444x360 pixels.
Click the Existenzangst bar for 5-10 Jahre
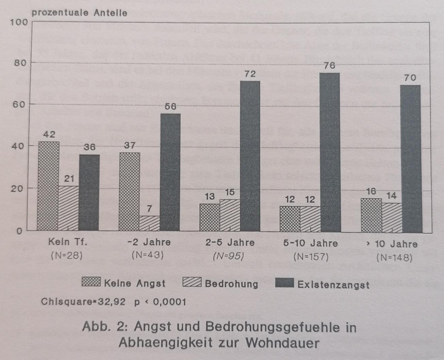tap(330, 152)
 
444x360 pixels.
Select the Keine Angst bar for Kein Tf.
tap(48, 186)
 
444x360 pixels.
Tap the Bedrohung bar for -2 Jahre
tap(149, 223)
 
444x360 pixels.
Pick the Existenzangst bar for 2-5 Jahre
tap(250, 156)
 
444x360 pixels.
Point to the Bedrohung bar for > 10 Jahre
tap(391, 217)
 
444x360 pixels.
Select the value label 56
tap(170, 107)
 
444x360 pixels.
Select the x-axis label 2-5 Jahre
tap(230, 243)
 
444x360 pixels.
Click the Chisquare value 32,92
tap(110, 302)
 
